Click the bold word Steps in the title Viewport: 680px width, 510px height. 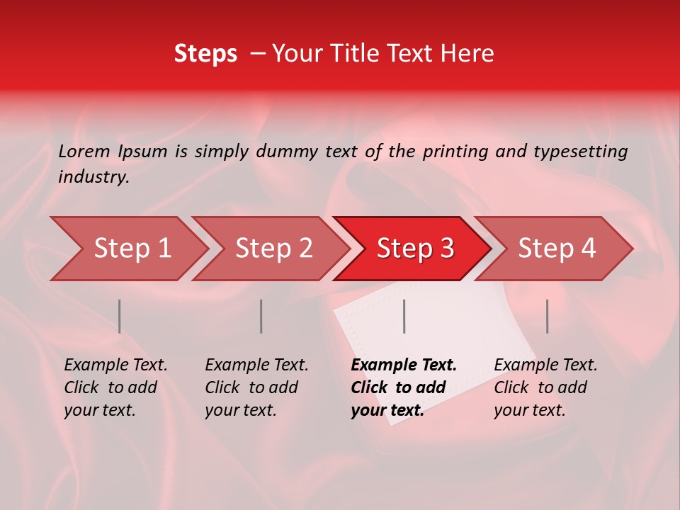click(205, 54)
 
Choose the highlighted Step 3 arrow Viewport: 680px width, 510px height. click(415, 249)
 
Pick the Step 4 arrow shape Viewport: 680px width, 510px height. click(557, 249)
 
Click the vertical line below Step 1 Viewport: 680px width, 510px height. click(120, 316)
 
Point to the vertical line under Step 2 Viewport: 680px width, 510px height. click(261, 316)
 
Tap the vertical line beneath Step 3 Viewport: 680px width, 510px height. click(404, 316)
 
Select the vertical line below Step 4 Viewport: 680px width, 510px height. click(547, 316)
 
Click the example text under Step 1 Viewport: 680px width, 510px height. click(115, 387)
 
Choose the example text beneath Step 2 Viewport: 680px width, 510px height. click(256, 387)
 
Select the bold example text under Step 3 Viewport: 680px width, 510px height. click(403, 387)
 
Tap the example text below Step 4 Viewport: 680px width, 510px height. click(545, 387)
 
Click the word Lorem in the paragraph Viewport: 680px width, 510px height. click(84, 151)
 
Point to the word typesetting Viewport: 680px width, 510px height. click(580, 151)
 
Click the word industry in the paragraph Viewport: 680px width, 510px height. click(93, 177)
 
